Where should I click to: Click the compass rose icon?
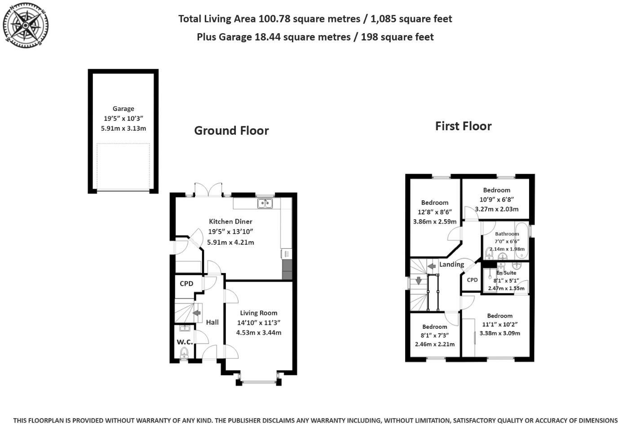point(26,25)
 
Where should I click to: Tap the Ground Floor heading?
point(231,131)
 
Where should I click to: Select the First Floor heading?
point(463,126)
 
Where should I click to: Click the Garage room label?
point(124,109)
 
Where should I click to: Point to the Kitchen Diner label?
point(230,221)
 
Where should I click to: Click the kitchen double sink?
point(265,204)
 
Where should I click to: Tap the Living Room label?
point(258,313)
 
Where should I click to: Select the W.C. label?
point(184,342)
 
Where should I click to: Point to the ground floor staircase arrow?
point(196,313)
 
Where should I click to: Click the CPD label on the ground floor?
point(186,283)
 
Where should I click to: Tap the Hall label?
point(212,322)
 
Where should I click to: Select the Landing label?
point(451,265)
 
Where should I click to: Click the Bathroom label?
point(507,234)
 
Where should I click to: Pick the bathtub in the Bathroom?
point(521,241)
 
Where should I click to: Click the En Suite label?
point(506,273)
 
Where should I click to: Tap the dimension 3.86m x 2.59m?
point(434,221)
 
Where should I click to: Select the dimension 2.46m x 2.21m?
point(434,344)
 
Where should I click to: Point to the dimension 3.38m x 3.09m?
point(499,333)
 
